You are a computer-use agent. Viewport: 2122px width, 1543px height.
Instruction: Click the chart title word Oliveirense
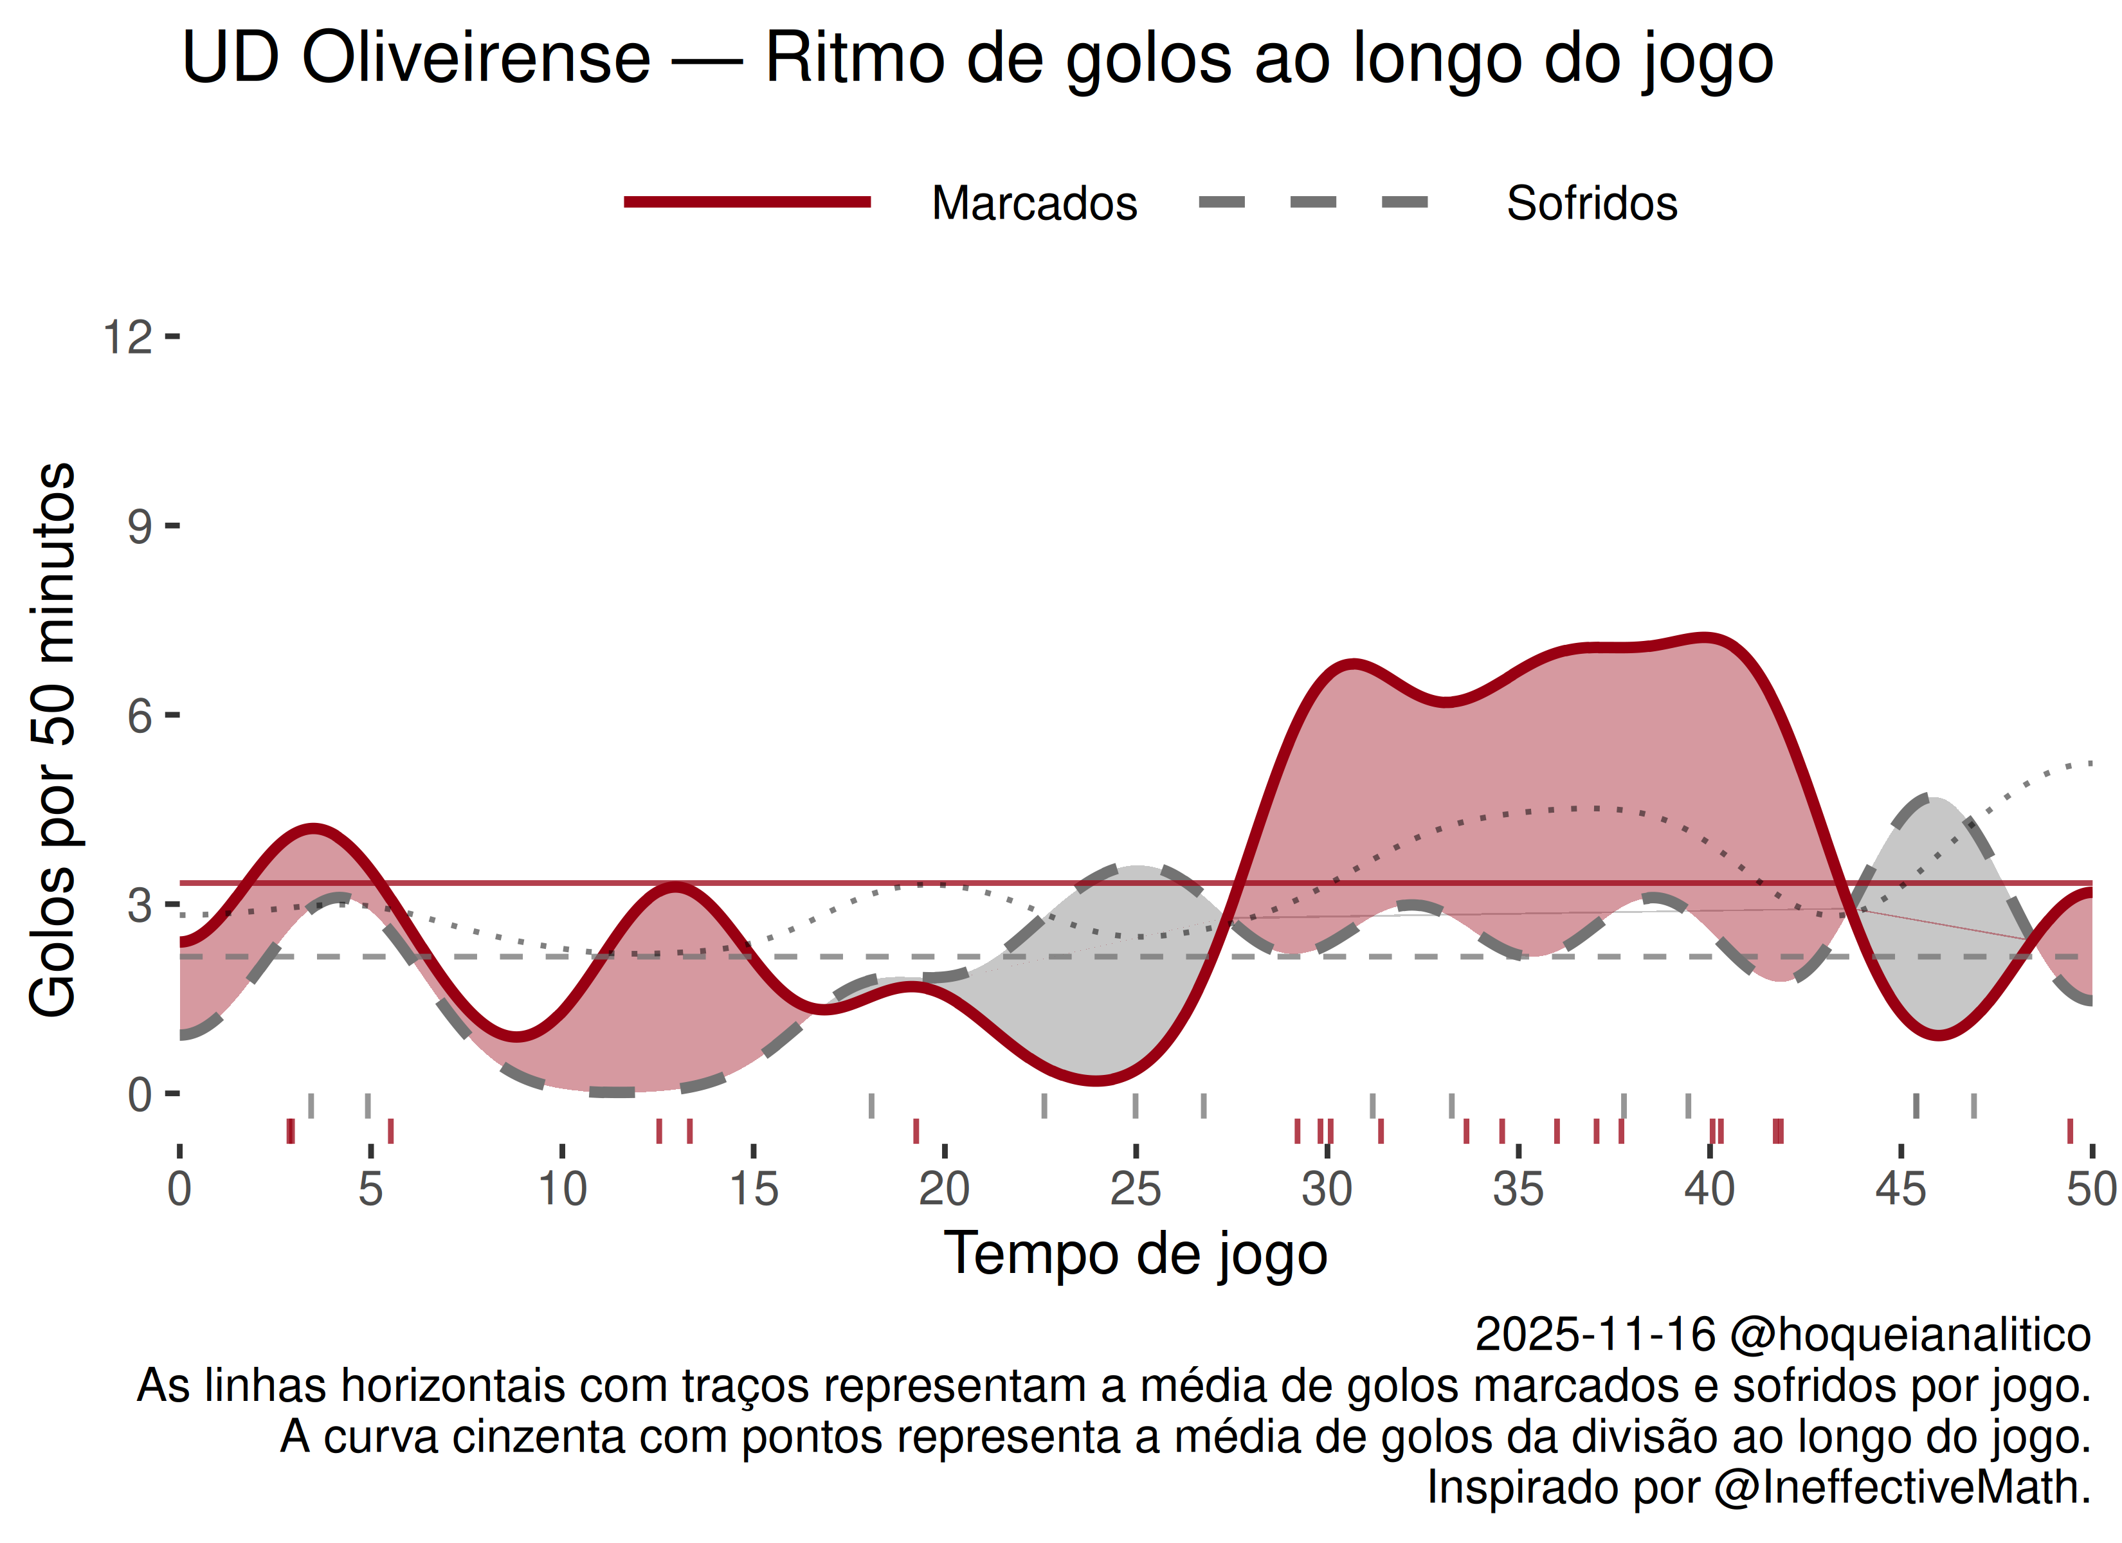475,58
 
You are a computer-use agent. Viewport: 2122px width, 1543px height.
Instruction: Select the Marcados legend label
1034,203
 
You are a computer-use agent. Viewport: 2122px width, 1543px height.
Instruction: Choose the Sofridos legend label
1591,203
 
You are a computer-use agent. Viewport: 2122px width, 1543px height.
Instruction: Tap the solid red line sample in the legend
747,202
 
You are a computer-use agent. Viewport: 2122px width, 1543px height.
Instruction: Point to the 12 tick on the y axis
127,337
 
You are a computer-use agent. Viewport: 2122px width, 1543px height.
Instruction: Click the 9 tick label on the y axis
140,527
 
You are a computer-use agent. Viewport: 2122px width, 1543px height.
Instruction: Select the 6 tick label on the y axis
140,717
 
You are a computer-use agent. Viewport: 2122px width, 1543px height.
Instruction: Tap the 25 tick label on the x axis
1135,1189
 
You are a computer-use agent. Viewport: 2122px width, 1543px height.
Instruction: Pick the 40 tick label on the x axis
1709,1189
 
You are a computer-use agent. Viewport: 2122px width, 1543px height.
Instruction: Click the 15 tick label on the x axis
753,1189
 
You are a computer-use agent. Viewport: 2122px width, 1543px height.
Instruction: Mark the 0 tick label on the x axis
179,1189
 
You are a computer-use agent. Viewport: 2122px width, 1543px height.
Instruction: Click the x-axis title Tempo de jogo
1135,1254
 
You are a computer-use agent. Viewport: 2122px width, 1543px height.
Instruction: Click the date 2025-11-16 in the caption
1595,1334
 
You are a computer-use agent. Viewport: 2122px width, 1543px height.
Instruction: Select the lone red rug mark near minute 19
916,1132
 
